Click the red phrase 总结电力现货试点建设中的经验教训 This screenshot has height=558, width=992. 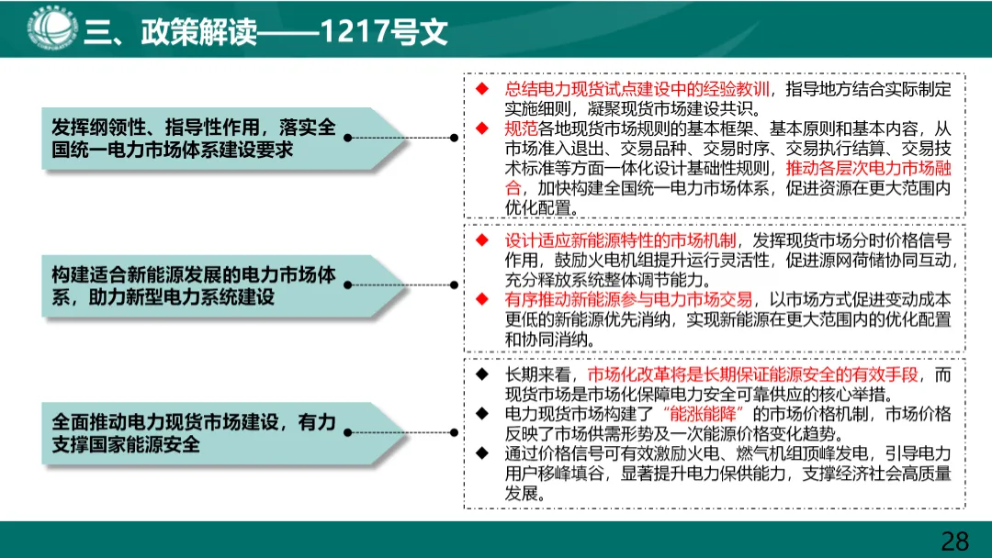click(x=637, y=89)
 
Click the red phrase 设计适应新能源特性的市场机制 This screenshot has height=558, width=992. click(x=621, y=240)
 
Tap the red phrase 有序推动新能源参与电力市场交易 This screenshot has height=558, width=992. click(x=628, y=300)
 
